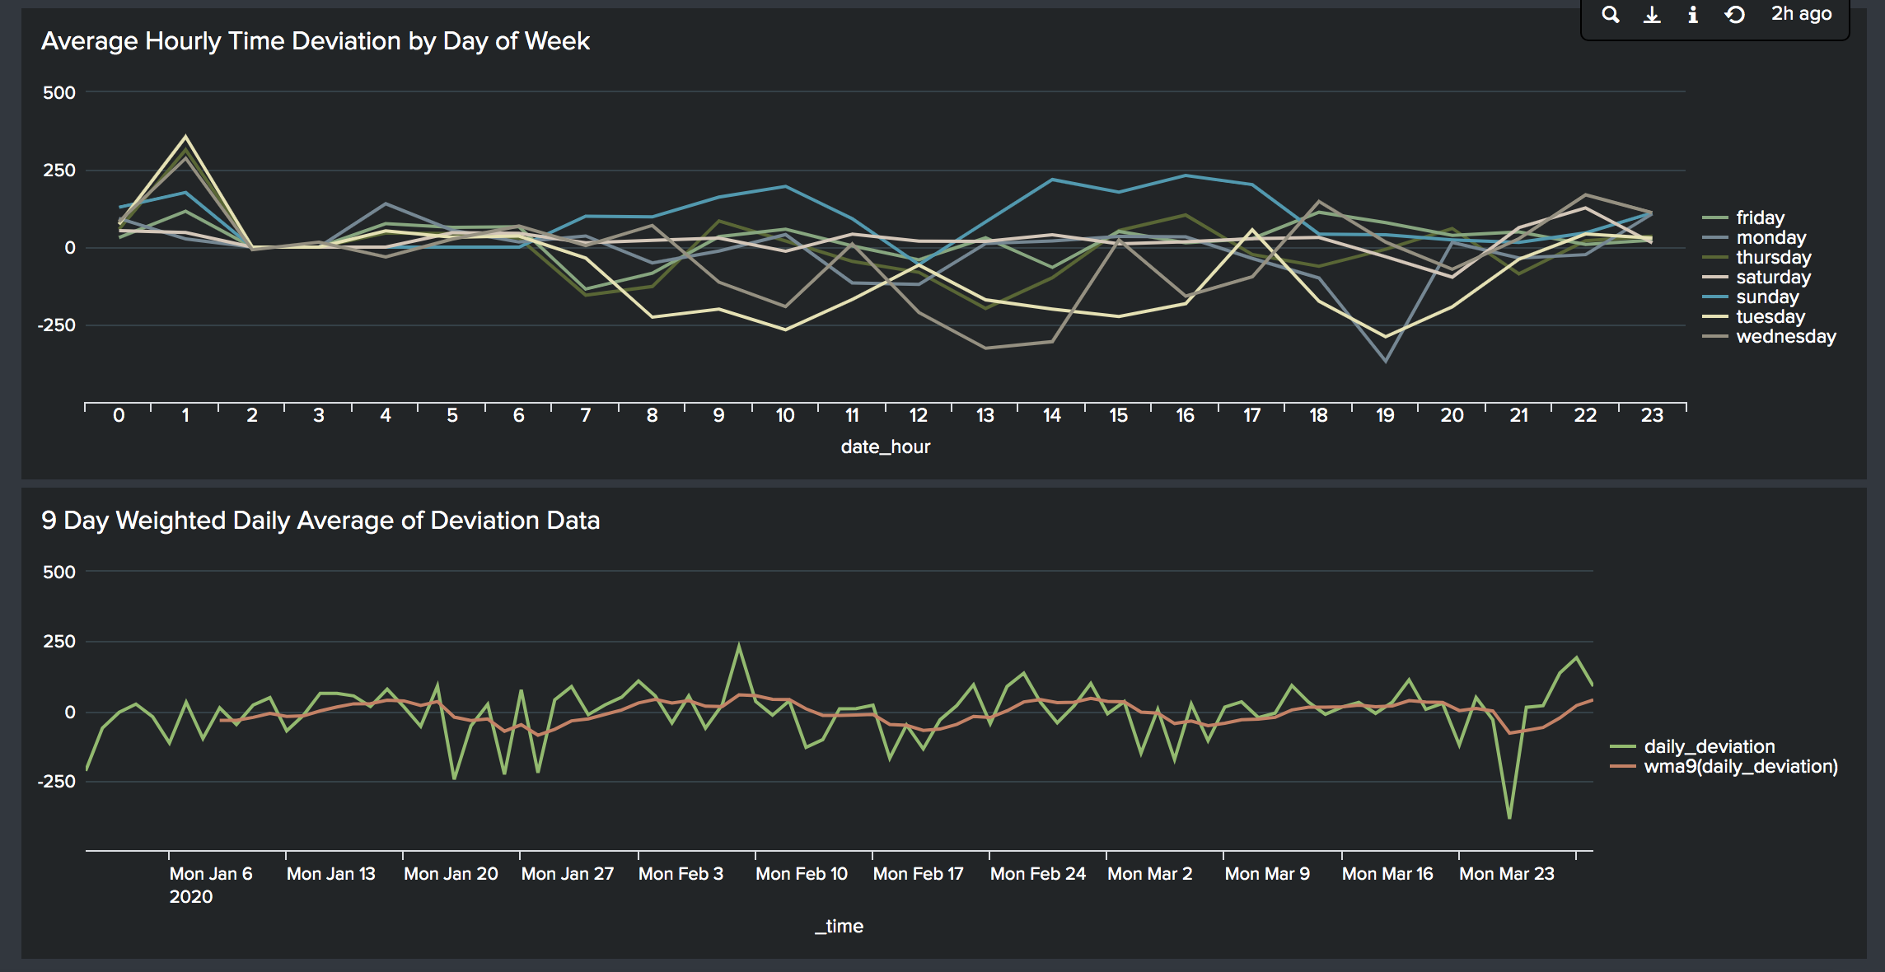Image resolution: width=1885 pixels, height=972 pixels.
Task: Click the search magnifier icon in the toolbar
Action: click(1611, 15)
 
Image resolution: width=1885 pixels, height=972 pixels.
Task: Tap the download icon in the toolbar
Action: click(1652, 15)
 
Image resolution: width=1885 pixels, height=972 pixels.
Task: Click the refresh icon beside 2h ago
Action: click(1734, 15)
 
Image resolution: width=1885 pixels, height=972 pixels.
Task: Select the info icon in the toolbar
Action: click(1693, 15)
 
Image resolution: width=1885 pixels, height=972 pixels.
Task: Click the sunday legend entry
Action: click(1766, 297)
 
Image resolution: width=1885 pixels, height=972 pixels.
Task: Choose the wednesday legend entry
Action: click(1784, 336)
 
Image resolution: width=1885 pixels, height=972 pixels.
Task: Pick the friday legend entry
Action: click(1760, 217)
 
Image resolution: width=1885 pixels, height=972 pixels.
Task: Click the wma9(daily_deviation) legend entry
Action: click(1740, 766)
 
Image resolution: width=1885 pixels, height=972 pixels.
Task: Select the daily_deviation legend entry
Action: click(1709, 746)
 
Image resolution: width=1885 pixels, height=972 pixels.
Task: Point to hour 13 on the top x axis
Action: click(985, 415)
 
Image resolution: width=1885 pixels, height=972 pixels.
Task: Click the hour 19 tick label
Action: click(1385, 415)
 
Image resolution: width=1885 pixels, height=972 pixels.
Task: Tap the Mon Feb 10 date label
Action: click(801, 873)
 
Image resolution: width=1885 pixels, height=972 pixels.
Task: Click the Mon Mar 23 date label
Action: click(1506, 873)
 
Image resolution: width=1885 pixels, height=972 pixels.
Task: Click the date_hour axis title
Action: click(885, 446)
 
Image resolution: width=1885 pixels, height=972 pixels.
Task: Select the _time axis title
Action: click(839, 926)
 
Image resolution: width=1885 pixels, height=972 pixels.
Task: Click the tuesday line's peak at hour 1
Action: click(186, 137)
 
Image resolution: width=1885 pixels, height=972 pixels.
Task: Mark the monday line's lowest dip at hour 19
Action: click(1386, 361)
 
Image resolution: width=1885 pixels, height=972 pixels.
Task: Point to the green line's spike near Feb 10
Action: click(739, 645)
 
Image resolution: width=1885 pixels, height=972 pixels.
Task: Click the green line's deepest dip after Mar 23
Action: click(1509, 817)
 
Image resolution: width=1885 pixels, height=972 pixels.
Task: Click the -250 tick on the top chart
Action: click(56, 325)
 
